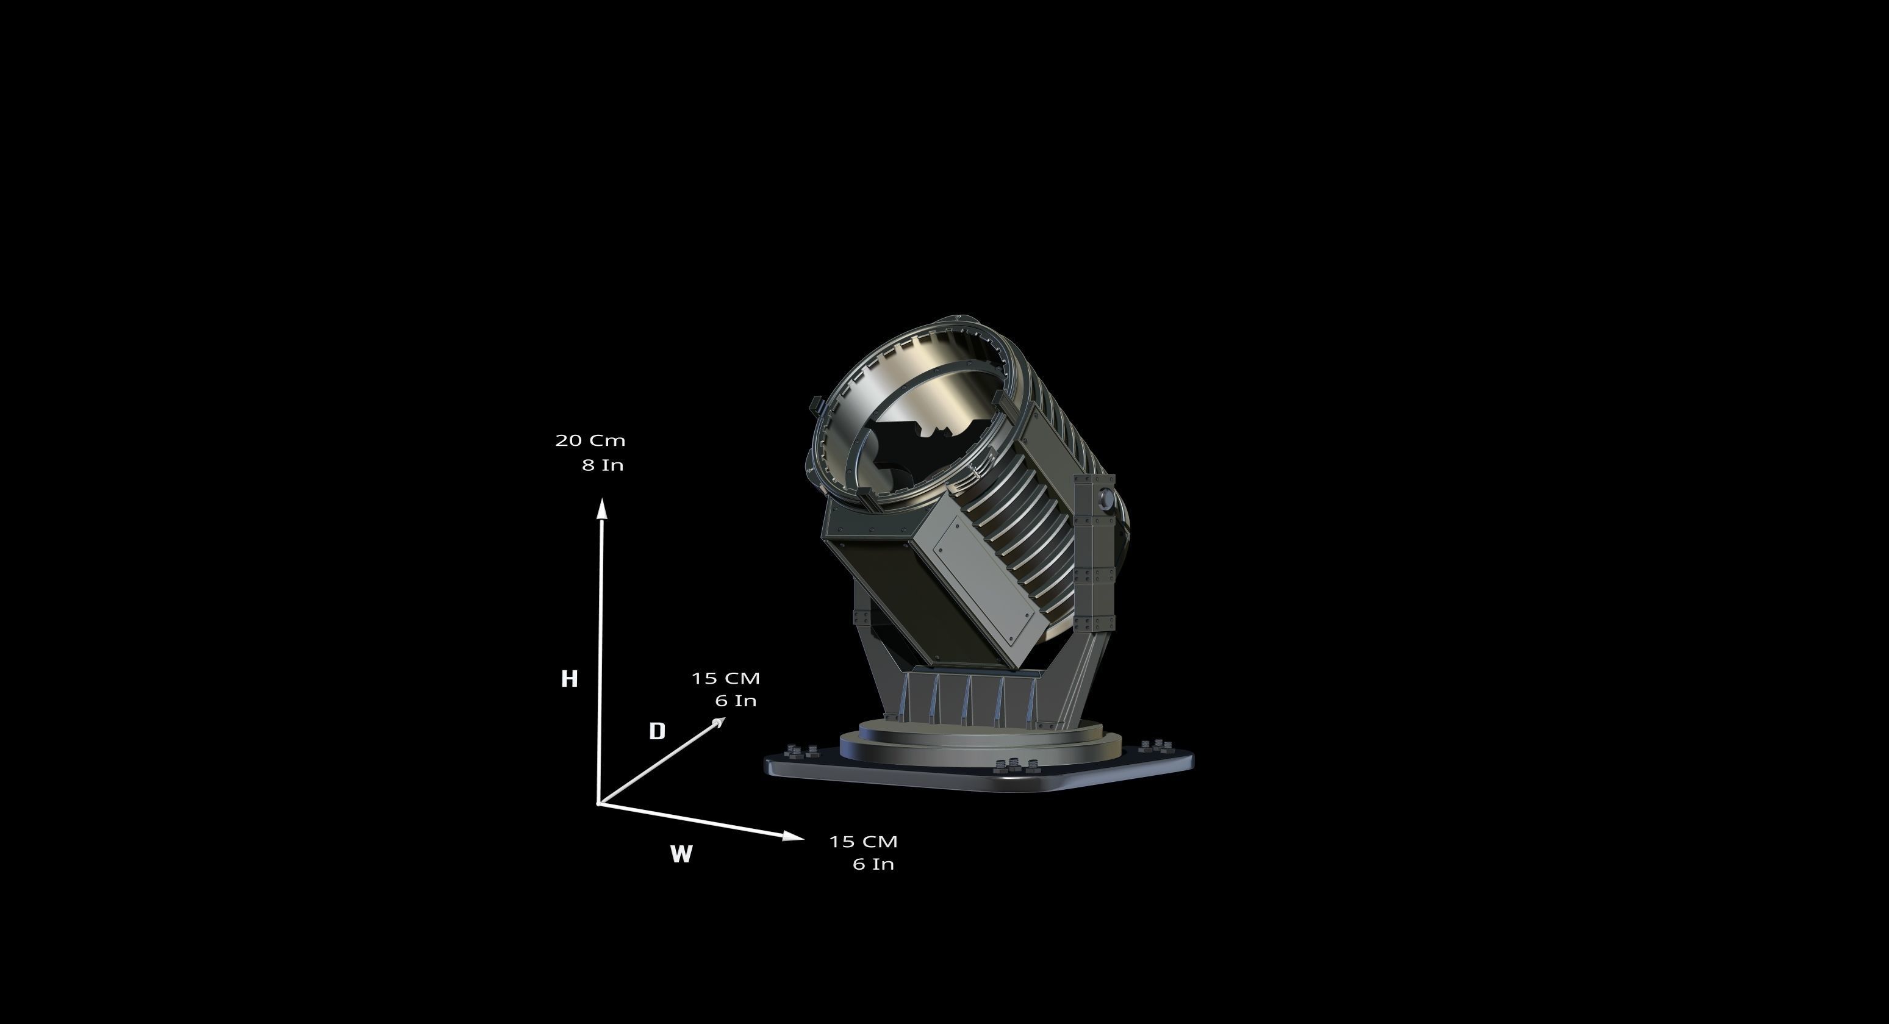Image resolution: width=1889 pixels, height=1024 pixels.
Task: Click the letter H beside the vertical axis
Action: coord(569,679)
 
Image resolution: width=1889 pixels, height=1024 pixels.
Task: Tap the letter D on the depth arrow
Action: coord(658,731)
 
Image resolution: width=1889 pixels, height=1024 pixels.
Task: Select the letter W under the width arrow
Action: coord(681,854)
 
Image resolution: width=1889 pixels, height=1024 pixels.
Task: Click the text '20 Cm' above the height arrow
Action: coord(590,440)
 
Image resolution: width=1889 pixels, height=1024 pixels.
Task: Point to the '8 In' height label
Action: coord(603,465)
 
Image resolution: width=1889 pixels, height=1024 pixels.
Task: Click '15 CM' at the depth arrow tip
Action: coord(726,678)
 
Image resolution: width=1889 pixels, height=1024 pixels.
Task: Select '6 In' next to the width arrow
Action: coord(873,864)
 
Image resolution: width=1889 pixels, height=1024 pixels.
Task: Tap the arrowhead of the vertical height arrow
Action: coord(602,507)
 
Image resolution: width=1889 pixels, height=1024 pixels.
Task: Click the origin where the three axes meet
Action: coord(600,803)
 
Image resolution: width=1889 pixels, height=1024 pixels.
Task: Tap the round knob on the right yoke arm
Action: coord(1106,501)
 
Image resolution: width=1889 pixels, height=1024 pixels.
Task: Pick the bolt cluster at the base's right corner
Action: coord(1156,746)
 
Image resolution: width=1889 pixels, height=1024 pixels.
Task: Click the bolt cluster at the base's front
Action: coord(1016,765)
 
